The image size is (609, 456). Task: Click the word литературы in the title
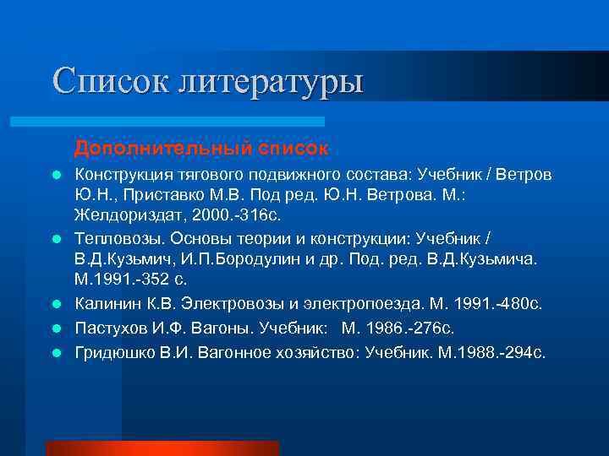coord(271,83)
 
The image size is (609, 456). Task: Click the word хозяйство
coord(309,350)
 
